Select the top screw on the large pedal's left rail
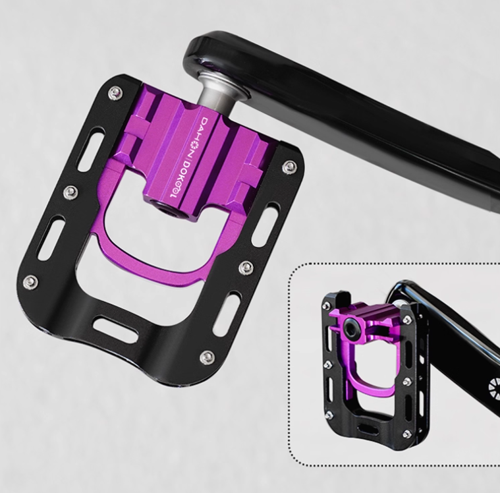(115, 92)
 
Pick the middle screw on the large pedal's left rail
(70, 192)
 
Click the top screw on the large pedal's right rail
(287, 167)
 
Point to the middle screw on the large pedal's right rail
(246, 267)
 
